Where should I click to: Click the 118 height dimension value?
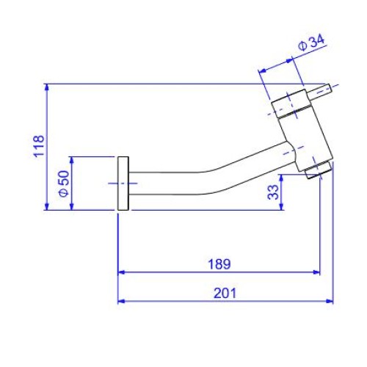pyautogui.click(x=39, y=146)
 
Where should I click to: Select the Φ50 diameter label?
pyautogui.click(x=65, y=183)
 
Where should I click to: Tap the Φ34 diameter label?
pyautogui.click(x=311, y=43)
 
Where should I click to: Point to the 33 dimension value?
pyautogui.click(x=273, y=192)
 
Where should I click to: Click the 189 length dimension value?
pyautogui.click(x=219, y=264)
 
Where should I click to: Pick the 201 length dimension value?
pyautogui.click(x=225, y=293)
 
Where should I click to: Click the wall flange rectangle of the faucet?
pyautogui.click(x=123, y=183)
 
